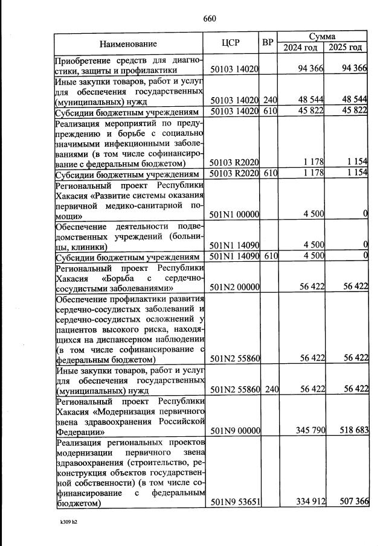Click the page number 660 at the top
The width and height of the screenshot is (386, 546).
[x=210, y=18]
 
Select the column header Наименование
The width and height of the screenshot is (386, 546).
[x=128, y=43]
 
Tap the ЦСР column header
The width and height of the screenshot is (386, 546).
[x=231, y=43]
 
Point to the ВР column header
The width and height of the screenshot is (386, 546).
[x=269, y=43]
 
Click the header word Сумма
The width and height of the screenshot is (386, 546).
[x=323, y=37]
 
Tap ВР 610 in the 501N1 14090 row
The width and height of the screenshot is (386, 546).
[x=270, y=256]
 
